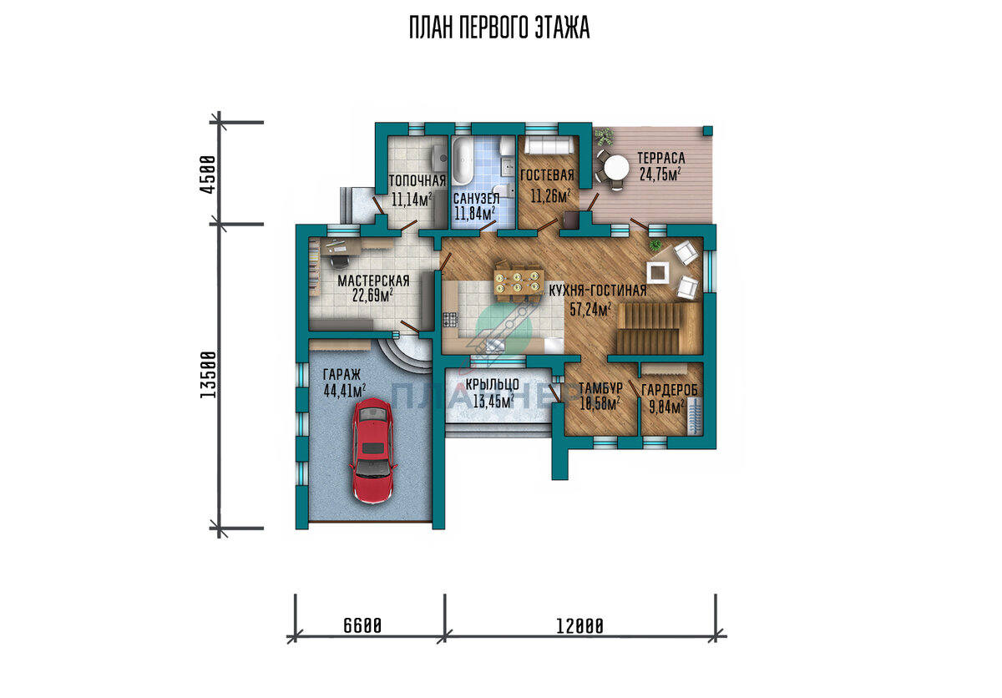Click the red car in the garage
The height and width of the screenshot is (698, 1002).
372,451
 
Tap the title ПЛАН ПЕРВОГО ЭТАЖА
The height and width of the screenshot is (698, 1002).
499,28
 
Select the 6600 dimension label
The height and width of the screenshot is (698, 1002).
362,625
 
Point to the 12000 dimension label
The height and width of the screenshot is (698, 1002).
579,626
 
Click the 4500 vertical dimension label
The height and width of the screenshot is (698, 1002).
208,174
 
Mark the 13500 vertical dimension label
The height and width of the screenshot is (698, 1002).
208,375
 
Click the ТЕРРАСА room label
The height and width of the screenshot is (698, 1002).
661,158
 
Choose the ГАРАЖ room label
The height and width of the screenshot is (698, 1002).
342,374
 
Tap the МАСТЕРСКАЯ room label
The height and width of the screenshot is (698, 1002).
373,281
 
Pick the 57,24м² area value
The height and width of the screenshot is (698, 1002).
590,309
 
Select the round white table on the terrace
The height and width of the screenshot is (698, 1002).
616,169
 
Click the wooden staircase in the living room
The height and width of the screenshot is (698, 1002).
659,328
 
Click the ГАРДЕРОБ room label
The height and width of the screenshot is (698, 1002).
670,390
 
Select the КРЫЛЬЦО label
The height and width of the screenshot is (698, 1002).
492,384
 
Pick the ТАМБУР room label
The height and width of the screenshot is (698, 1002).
600,388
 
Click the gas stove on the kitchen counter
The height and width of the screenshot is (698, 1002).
448,319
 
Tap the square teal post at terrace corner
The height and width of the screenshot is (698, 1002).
707,130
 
